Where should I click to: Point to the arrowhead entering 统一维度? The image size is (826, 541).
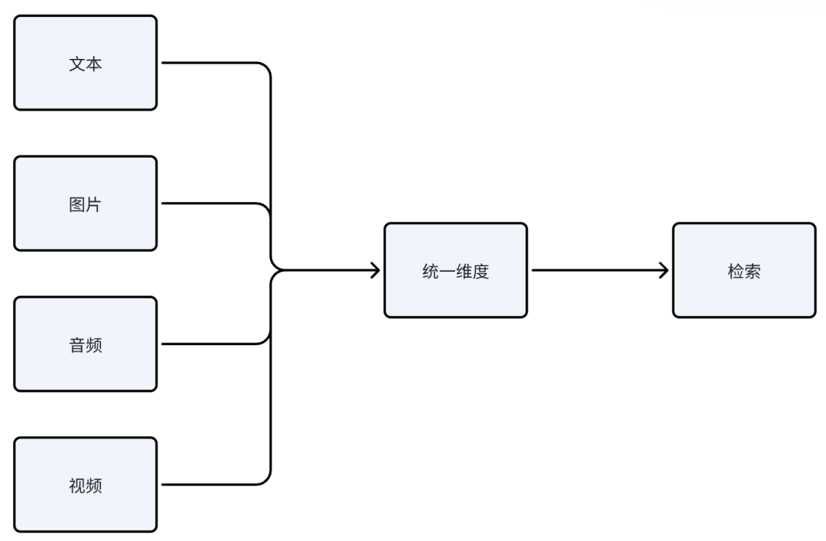click(x=375, y=270)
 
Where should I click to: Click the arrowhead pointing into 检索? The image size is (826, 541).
click(x=664, y=270)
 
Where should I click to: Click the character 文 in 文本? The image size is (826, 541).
click(x=77, y=64)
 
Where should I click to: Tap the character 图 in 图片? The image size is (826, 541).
click(x=77, y=205)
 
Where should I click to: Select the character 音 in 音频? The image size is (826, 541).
click(x=77, y=345)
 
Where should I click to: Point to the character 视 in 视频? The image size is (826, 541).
click(x=77, y=486)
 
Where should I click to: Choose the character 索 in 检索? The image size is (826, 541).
click(x=753, y=272)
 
